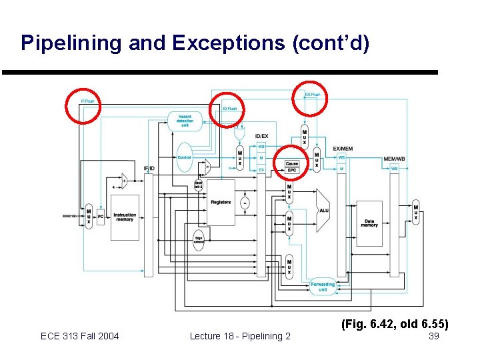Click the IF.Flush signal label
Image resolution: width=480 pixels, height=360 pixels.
coord(87,101)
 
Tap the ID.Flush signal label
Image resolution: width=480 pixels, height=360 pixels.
coord(229,108)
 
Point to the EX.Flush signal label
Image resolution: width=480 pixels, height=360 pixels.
coord(312,95)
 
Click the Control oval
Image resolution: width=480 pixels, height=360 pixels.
coord(185,157)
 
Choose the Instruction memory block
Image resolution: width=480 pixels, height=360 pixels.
coord(125,217)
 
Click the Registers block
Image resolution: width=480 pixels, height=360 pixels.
coord(221,202)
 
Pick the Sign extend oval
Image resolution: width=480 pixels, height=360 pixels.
coord(198,239)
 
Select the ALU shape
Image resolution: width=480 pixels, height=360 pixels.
coord(323,210)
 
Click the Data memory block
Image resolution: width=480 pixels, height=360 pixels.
coord(369,223)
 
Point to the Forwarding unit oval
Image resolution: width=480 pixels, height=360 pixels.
coord(323,287)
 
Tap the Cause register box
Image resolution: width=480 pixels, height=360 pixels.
coord(291,164)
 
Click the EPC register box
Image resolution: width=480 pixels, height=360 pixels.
coord(291,170)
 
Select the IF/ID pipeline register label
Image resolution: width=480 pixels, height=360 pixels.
coord(149,168)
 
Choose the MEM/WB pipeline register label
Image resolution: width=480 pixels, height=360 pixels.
coord(395,159)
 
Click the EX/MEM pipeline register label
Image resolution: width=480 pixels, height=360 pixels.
coord(343,148)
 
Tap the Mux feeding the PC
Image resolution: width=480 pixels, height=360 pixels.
coord(89,215)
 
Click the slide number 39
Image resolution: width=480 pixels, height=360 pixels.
coord(433,336)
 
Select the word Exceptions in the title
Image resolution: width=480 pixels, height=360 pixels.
coord(230,43)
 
